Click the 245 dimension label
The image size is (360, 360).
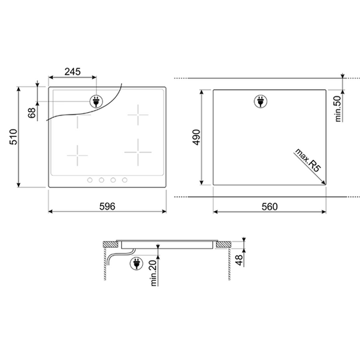(73, 71)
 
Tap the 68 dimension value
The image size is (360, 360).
(32, 113)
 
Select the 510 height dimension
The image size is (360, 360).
(13, 137)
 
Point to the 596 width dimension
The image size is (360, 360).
(107, 206)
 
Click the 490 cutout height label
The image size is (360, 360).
(196, 137)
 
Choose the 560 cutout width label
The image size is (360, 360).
(270, 206)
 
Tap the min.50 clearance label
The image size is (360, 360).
(338, 109)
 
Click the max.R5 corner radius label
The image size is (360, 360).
(308, 160)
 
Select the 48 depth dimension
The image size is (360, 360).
(239, 260)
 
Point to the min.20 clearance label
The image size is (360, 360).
(154, 273)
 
